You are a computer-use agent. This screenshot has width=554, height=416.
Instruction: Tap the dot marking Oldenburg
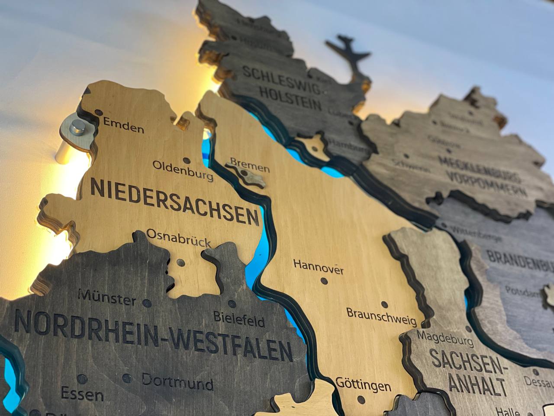tap(187, 160)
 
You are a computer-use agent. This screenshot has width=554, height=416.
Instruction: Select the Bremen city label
tap(250, 165)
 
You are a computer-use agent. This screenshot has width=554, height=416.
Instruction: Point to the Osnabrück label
tap(178, 238)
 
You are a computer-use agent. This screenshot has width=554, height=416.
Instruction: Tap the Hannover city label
tap(318, 266)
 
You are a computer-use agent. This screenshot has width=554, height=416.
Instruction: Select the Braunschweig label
tap(381, 317)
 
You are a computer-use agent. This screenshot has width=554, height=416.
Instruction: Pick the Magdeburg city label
tap(444, 338)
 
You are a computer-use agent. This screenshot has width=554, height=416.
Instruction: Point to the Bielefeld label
tap(239, 318)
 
